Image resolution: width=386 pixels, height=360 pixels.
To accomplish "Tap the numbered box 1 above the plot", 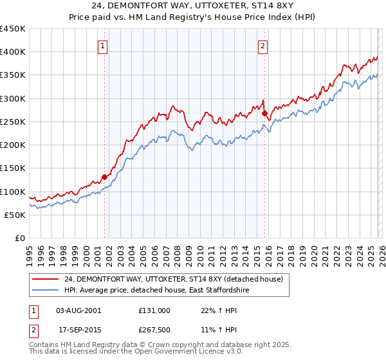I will [103, 45].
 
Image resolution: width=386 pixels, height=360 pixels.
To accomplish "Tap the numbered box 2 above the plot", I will [264, 45].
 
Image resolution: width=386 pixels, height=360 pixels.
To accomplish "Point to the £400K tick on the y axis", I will [13, 52].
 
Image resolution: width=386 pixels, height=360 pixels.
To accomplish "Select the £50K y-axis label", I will [15, 215].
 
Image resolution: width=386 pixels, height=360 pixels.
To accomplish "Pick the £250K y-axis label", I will [13, 122].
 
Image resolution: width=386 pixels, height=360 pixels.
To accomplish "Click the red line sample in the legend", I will [46, 279].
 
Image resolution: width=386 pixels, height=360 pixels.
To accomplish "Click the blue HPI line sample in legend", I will [46, 291].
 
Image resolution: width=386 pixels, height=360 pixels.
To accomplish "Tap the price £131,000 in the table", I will [154, 310].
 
